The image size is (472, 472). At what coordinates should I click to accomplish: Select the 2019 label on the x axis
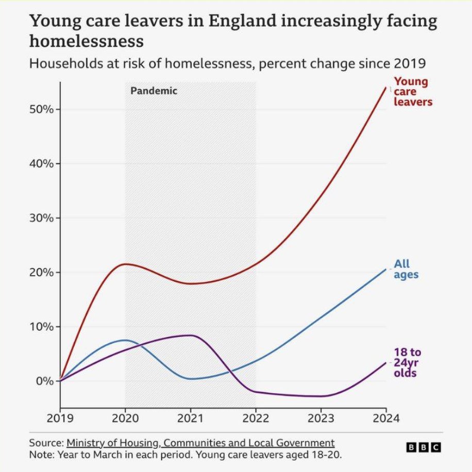pos(60,418)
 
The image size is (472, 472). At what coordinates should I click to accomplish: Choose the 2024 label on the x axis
pos(386,418)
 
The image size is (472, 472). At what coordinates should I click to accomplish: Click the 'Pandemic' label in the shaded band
pos(154,91)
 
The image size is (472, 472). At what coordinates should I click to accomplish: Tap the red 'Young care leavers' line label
pos(412,92)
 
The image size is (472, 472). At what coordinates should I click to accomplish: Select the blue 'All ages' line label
pos(406,269)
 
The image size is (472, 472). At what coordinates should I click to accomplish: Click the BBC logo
pos(424,447)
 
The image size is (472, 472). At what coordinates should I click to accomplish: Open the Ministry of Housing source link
pos(200,443)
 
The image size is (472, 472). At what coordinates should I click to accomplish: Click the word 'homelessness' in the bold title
pos(86,40)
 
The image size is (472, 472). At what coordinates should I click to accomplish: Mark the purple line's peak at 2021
pos(191,335)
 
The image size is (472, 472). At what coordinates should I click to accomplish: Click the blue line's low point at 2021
pos(191,379)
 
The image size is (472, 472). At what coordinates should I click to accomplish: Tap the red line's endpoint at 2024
pos(386,88)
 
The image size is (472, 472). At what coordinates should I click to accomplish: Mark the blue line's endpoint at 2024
pos(386,269)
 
